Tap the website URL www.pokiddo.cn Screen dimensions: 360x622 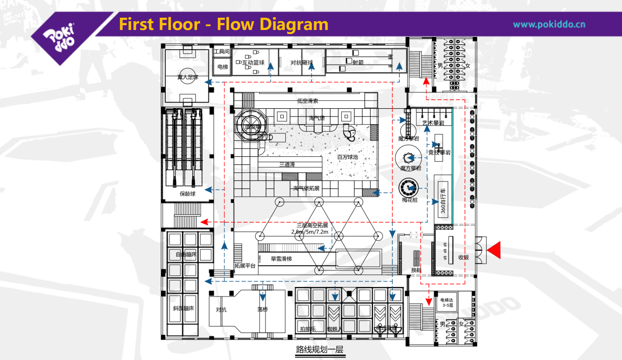(549, 24)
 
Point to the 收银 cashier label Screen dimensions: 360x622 (464, 257)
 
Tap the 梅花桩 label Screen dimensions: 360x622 (409, 200)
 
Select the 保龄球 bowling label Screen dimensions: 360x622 (187, 194)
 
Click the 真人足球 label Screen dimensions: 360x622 (187, 77)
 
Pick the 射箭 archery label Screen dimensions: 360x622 (359, 62)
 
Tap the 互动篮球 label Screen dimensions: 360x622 (253, 62)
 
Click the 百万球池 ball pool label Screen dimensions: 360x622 (347, 157)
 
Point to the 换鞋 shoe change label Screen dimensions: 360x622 (416, 270)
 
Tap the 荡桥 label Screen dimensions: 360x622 (262, 310)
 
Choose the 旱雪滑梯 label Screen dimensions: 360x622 (281, 258)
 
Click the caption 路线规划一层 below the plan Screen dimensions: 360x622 (319, 350)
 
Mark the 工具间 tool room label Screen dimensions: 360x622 (221, 51)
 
